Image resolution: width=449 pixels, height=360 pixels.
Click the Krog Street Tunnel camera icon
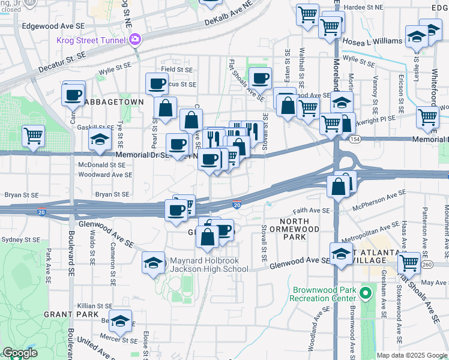(136, 40)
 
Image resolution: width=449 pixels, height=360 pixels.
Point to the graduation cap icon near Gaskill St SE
(100, 141)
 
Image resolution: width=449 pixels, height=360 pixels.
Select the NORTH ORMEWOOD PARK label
(285, 229)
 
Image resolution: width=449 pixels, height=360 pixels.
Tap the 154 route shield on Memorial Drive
(350, 139)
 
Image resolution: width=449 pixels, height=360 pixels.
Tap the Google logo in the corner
(20, 353)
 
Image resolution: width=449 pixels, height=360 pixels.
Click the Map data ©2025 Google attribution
(412, 355)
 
